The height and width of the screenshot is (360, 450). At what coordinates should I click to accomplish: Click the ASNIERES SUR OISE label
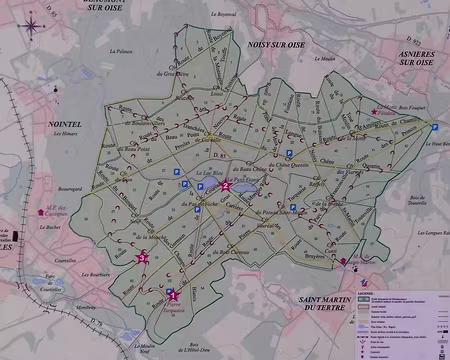point(410,58)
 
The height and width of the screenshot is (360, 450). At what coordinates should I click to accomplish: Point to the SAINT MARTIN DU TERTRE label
point(323,304)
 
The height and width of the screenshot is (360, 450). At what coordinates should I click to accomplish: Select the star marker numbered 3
point(142,258)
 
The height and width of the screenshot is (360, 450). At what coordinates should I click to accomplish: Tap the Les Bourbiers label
point(64,273)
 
